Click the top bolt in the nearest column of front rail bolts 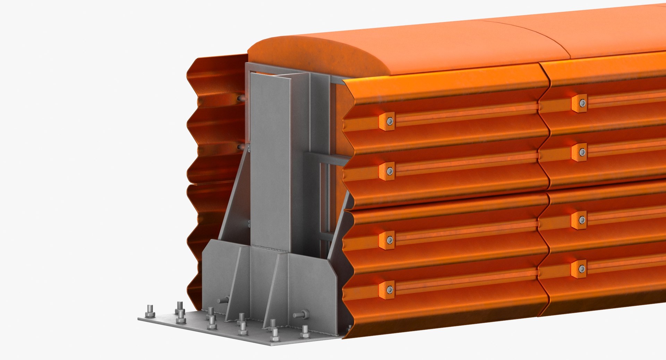[x=390, y=121]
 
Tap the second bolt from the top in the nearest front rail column [x=390, y=171]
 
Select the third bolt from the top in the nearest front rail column [x=390, y=240]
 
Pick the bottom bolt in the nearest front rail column [x=390, y=289]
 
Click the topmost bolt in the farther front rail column [x=582, y=103]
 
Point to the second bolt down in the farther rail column [x=582, y=152]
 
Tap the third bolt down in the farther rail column [x=582, y=220]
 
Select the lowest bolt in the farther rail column [x=582, y=269]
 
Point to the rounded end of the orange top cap [x=312, y=55]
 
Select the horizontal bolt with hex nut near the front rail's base [x=301, y=315]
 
